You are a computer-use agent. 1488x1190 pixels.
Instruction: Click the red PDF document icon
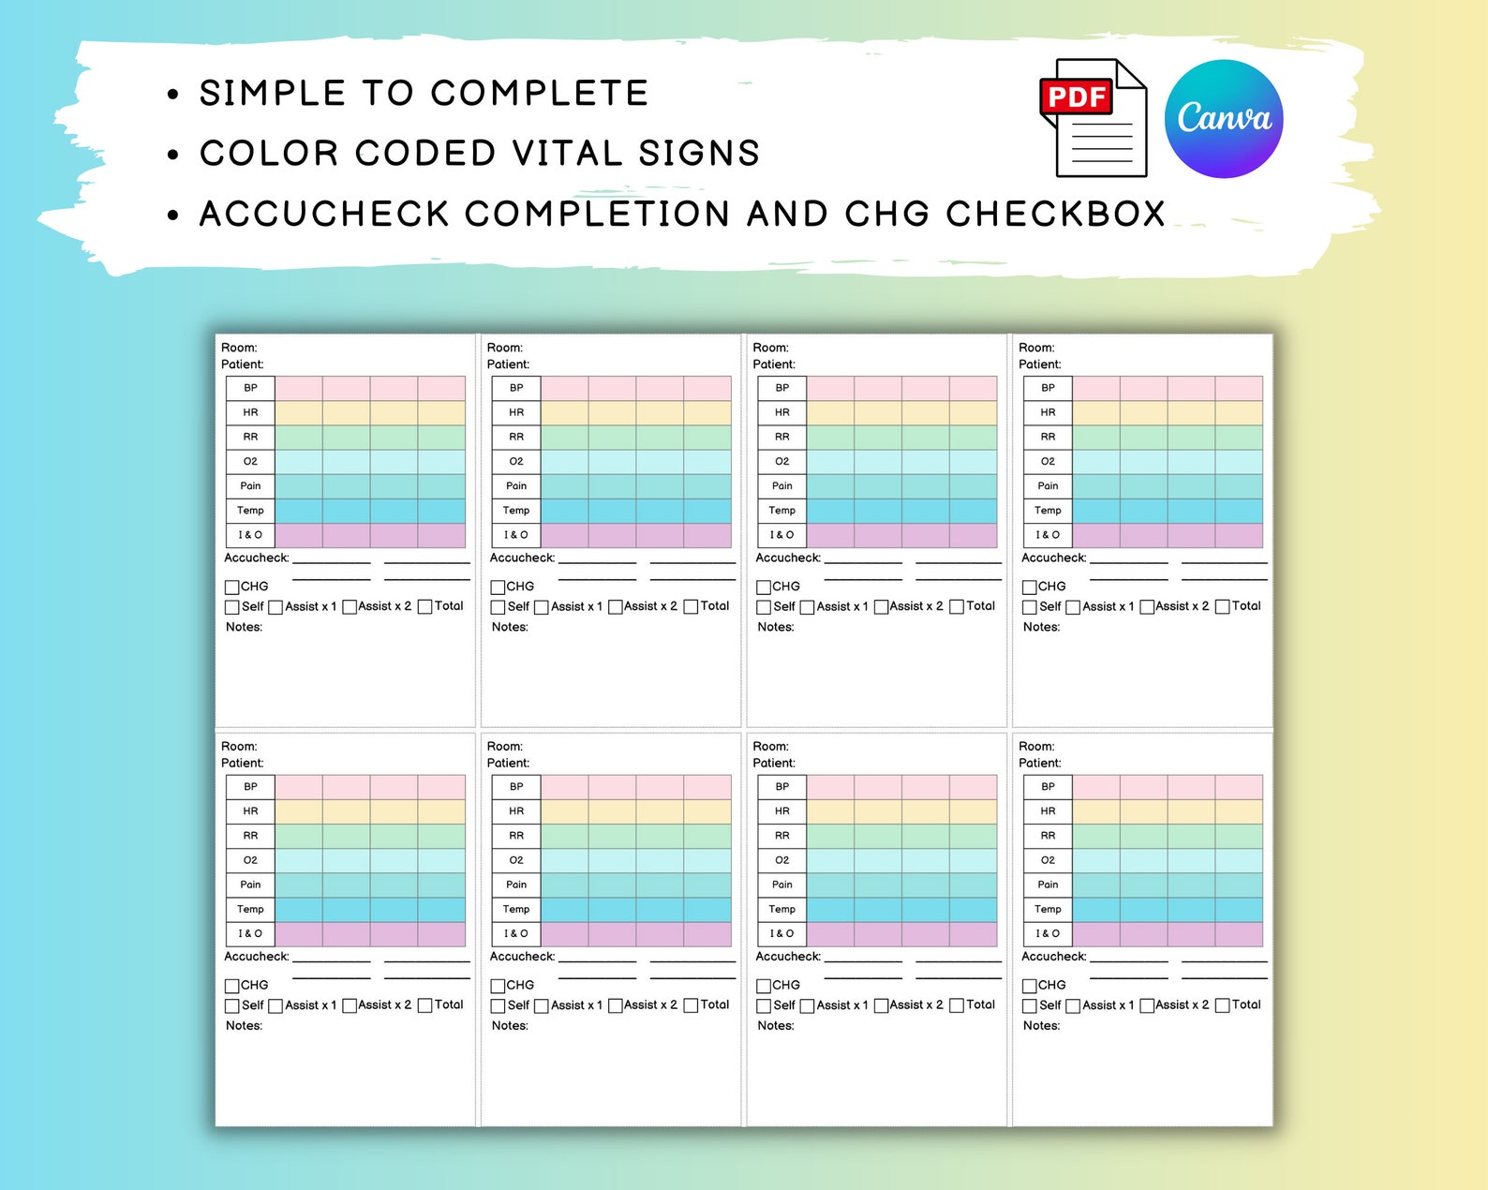(x=1093, y=118)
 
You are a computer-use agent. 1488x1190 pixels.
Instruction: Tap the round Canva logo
(x=1224, y=119)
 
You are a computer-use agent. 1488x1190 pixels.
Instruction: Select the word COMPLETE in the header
(x=540, y=94)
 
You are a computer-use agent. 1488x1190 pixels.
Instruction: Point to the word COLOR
(x=269, y=154)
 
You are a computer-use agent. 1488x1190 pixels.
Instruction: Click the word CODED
(x=426, y=154)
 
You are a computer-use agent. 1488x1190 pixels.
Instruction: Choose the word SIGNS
(x=699, y=154)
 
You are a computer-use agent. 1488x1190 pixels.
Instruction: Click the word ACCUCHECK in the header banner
(x=324, y=215)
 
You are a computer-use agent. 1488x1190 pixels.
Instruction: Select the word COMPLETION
(x=598, y=215)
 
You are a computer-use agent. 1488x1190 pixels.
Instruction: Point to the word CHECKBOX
(x=1055, y=215)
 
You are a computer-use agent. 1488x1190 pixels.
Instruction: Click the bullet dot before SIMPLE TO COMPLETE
(x=172, y=95)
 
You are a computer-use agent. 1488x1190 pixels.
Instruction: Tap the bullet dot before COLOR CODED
(x=172, y=155)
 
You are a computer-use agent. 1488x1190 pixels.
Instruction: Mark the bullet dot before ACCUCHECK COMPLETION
(x=172, y=216)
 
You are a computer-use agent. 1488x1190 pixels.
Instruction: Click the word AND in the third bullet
(x=787, y=215)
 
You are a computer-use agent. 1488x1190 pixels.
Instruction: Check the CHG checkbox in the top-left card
(x=232, y=588)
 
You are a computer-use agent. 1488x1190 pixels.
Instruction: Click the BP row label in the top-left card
(x=250, y=388)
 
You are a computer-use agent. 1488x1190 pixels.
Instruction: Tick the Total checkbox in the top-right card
(x=1222, y=607)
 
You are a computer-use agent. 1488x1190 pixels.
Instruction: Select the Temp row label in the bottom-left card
(x=250, y=909)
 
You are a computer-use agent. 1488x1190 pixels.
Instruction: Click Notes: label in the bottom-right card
(x=1041, y=1026)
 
